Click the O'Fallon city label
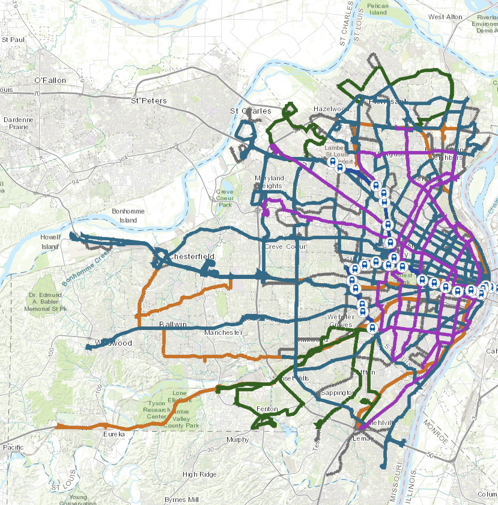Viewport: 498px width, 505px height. click(49, 80)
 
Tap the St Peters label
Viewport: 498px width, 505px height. click(150, 100)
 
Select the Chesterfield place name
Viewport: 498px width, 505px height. click(191, 257)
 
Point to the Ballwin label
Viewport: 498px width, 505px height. click(173, 325)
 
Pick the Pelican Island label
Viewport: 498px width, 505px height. click(378, 8)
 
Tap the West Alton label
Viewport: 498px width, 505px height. click(446, 17)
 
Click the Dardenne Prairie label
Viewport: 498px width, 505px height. click(19, 123)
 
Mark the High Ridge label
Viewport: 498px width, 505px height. click(200, 474)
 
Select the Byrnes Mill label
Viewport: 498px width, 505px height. click(181, 500)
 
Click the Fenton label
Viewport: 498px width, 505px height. click(267, 409)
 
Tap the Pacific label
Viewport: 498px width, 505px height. click(13, 447)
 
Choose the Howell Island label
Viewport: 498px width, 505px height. click(50, 242)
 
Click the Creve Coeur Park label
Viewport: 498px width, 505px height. click(224, 198)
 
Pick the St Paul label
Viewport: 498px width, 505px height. click(13, 40)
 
